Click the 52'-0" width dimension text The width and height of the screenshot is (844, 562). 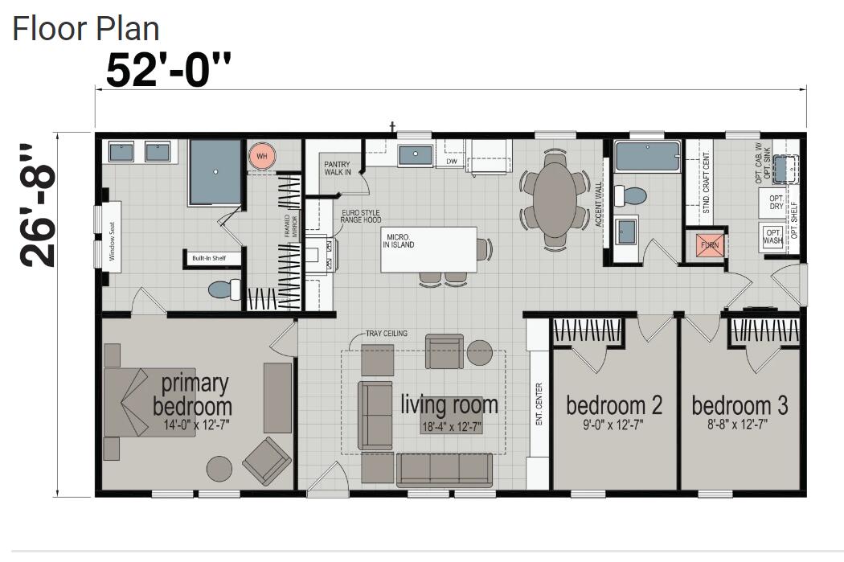[x=168, y=72]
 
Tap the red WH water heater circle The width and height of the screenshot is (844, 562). [x=261, y=155]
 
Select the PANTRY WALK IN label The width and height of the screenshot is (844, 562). [x=338, y=167]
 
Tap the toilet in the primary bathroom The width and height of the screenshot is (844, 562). [x=223, y=289]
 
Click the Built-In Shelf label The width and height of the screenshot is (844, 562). [x=208, y=259]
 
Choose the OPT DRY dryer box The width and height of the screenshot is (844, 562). [x=776, y=202]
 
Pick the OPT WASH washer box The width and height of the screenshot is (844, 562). [x=772, y=236]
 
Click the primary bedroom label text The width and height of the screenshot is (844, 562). [x=193, y=395]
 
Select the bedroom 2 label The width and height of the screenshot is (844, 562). [x=614, y=404]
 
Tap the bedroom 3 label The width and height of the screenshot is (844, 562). [x=740, y=404]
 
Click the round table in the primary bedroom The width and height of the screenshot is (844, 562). [x=219, y=468]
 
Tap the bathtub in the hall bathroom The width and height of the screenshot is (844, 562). [x=646, y=156]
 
